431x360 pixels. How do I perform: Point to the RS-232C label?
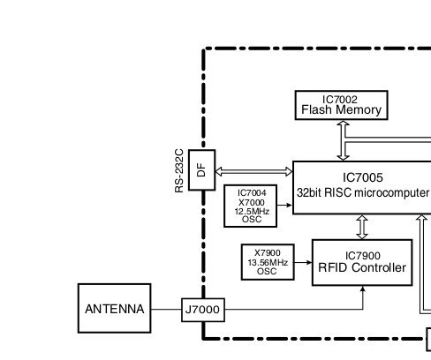pyautogui.click(x=179, y=170)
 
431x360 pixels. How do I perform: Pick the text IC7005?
pyautogui.click(x=363, y=177)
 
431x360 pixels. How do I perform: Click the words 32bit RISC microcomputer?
pyautogui.click(x=363, y=193)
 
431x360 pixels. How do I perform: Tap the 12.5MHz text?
pyautogui.click(x=252, y=211)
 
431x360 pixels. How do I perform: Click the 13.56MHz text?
pyautogui.click(x=268, y=262)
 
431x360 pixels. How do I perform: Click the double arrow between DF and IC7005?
pyautogui.click(x=254, y=171)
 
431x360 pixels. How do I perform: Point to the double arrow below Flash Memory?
pyautogui.click(x=344, y=140)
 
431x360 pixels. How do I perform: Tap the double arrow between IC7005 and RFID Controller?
pyautogui.click(x=362, y=227)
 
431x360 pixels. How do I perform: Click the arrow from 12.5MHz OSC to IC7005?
pyautogui.click(x=284, y=205)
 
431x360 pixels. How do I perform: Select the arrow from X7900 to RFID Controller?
pyautogui.click(x=303, y=262)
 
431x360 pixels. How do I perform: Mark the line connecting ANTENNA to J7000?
pyautogui.click(x=166, y=310)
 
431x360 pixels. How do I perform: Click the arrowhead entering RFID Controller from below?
pyautogui.click(x=363, y=289)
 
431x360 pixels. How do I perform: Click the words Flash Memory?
pyautogui.click(x=342, y=109)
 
